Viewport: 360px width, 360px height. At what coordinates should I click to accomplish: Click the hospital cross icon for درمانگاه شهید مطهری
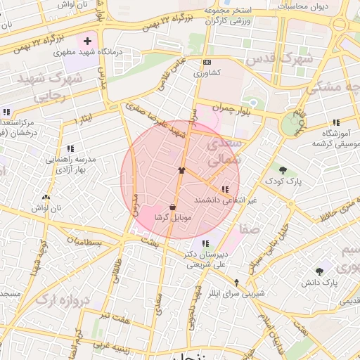[x=87, y=41]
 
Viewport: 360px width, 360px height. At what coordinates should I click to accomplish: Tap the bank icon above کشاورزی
[x=206, y=62]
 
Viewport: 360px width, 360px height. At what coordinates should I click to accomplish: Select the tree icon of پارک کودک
[x=283, y=170]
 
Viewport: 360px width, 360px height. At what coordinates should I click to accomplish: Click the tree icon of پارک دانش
[x=320, y=271]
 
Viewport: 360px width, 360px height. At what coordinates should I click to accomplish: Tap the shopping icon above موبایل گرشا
[x=172, y=207]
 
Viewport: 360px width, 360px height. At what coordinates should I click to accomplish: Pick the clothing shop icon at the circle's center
[x=181, y=170]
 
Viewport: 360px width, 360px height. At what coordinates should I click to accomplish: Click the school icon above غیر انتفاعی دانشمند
[x=225, y=189]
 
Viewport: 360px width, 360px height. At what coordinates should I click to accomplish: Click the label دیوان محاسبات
[x=305, y=6]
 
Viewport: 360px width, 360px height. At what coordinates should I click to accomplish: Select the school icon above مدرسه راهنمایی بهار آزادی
[x=70, y=148]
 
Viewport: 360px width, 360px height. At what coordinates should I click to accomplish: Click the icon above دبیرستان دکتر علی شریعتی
[x=205, y=243]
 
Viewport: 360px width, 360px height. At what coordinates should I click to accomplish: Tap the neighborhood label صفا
[x=250, y=229]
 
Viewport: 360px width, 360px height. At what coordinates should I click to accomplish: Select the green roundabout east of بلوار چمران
[x=290, y=125]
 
